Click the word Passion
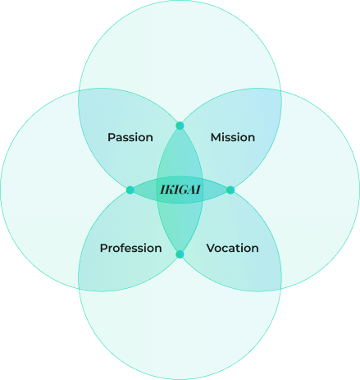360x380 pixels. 130,137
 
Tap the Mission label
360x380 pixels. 233,137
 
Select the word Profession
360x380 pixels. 130,248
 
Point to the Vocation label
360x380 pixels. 232,248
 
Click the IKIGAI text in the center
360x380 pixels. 180,190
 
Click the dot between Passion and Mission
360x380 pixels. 180,126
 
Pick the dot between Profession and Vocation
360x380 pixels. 180,254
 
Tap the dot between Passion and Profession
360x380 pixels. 130,190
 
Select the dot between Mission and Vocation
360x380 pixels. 230,190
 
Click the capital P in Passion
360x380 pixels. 111,137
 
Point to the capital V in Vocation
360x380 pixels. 211,248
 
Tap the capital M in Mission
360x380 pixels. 216,137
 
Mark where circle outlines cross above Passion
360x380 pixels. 79,90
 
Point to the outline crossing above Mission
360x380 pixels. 281,90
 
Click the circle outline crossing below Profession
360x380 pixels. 79,289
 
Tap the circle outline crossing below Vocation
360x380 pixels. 281,289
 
